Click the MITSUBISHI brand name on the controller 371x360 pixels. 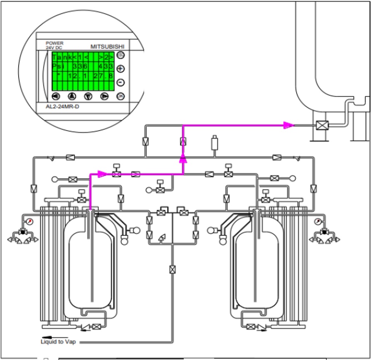point(107,47)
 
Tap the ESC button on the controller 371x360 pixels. point(120,55)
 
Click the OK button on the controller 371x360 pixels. point(120,96)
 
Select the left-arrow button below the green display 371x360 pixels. point(56,96)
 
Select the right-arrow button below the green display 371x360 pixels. point(105,96)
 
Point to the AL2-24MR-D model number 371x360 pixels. point(62,106)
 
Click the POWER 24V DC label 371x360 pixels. point(54,45)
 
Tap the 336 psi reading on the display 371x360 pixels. point(80,66)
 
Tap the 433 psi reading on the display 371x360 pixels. point(106,66)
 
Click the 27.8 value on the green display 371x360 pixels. point(103,76)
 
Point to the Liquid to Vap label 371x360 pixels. point(58,342)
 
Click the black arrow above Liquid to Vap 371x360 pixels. point(55,337)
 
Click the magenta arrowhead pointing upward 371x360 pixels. point(183,158)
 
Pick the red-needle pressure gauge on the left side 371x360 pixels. point(29,222)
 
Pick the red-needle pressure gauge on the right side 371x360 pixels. point(318,222)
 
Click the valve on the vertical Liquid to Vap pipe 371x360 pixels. point(172,269)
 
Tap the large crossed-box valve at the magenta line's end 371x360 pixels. point(322,125)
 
